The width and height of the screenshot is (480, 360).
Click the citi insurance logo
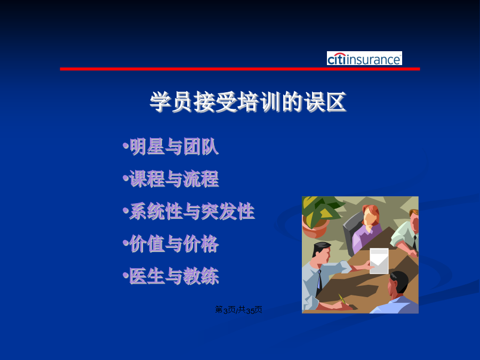pyautogui.click(x=364, y=58)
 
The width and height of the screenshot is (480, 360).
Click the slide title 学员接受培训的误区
pyautogui.click(x=248, y=102)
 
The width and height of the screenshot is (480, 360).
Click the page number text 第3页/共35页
pyautogui.click(x=239, y=310)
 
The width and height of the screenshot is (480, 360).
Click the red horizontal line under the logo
pyautogui.click(x=240, y=69)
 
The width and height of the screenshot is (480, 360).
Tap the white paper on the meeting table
pyautogui.click(x=379, y=260)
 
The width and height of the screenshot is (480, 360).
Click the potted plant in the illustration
pyautogui.click(x=318, y=216)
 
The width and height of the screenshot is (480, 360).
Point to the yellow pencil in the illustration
pyautogui.click(x=342, y=299)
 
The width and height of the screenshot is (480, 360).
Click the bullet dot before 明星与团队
pyautogui.click(x=125, y=146)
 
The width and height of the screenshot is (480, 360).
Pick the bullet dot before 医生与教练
pyautogui.click(x=125, y=275)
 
